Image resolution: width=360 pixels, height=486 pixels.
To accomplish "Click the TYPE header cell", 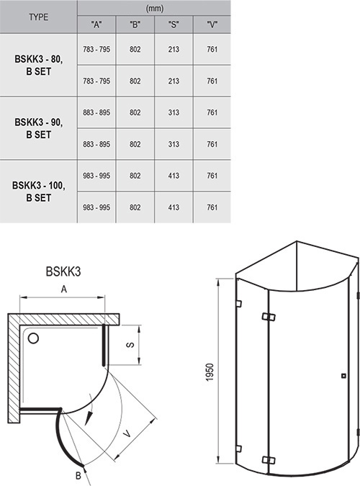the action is pos(38,17).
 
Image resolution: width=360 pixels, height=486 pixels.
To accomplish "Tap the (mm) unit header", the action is pos(154,9).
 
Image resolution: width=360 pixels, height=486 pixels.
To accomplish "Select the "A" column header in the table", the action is pos(96,24).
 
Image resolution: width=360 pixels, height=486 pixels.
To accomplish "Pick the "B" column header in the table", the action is pos(135,24).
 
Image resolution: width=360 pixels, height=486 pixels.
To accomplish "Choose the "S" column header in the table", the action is pos(174,24).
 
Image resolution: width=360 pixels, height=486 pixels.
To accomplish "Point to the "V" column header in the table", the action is pos(212,24).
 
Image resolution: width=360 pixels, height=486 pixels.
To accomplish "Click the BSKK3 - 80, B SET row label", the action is pos(38,65).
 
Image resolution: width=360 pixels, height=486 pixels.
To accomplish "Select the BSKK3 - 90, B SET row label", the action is pos(38,128).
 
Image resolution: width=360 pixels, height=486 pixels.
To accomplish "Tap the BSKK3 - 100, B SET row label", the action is pos(38,192).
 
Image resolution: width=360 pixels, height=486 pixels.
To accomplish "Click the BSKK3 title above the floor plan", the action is pos(63,271).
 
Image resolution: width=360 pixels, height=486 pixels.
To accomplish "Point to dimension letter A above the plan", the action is pos(64,289).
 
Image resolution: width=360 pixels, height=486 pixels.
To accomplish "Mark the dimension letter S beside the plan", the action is pos(131,345).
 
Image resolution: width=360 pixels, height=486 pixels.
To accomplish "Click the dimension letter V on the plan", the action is pos(127,434).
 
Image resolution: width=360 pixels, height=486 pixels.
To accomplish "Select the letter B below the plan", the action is pos(78,475).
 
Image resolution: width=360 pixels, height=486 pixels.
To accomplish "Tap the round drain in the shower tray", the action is pos(33,338).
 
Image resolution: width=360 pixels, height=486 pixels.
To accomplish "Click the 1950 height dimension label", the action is pos(210,372).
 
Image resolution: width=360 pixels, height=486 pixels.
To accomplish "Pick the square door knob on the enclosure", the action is pos(343,376).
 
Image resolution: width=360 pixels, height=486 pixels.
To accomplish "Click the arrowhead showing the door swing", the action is pos(89,419).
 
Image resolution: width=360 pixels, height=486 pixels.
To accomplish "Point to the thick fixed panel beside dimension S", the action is pos(104,345).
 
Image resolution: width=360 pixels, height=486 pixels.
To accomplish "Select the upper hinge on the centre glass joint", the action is pos(269,317).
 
